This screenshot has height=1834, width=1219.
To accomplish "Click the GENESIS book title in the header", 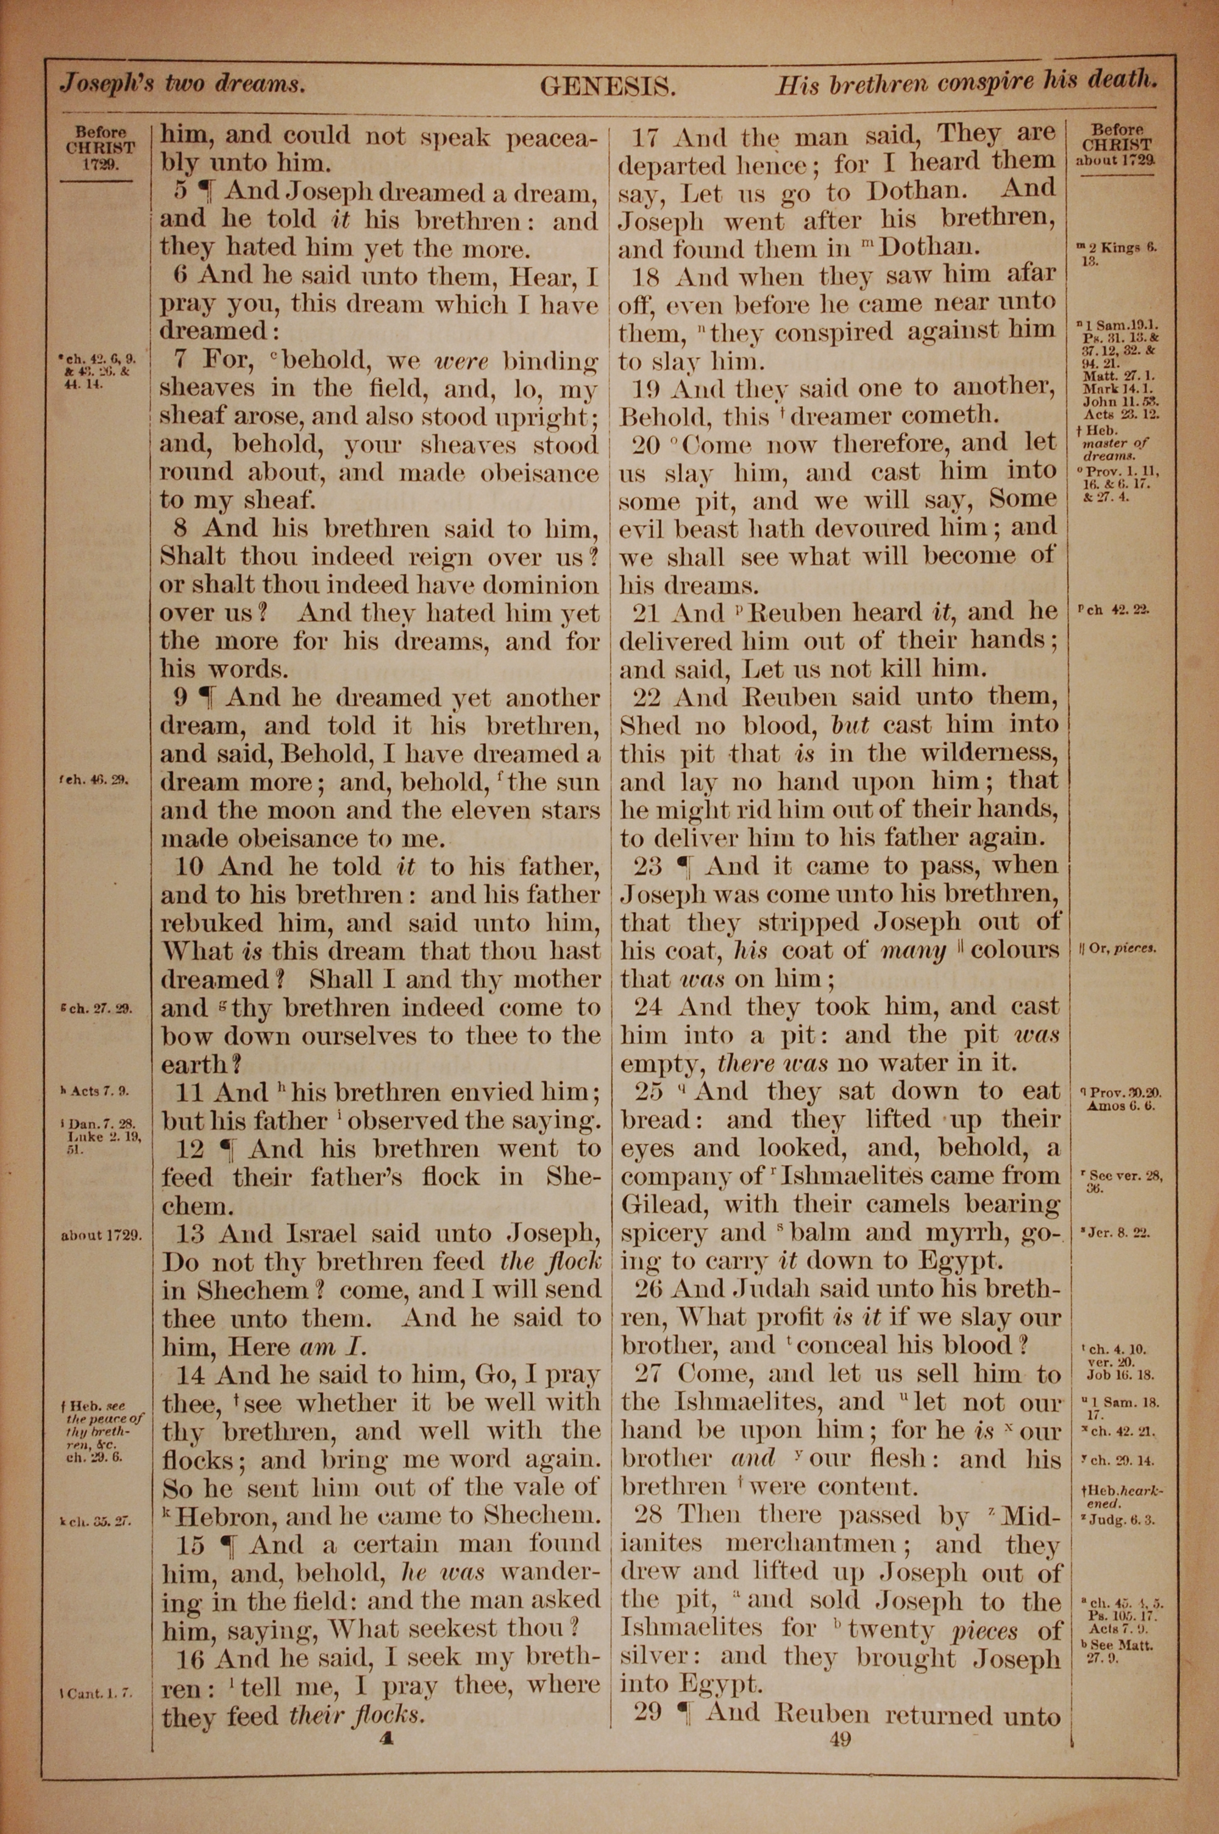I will coord(607,87).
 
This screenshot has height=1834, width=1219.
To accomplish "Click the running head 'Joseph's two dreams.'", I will coord(183,83).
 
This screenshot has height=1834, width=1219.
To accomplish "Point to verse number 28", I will coord(647,1516).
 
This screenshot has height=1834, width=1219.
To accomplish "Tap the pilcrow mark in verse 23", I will coord(684,866).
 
